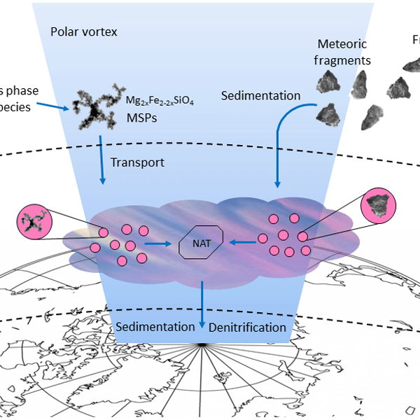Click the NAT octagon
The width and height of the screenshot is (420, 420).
tap(200, 244)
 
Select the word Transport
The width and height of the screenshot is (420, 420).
tap(137, 162)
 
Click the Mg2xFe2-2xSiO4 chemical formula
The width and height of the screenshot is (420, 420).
tap(160, 102)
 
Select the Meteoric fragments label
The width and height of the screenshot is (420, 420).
tap(344, 52)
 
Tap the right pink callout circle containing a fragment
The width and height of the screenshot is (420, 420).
tap(379, 206)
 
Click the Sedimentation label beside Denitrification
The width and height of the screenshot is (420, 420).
tap(155, 327)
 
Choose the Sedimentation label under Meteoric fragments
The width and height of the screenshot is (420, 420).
tap(260, 96)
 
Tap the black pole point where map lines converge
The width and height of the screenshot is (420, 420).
tap(202, 345)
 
